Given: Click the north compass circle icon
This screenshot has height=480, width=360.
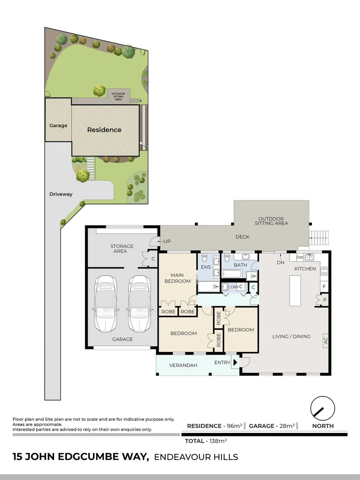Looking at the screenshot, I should click(x=323, y=408).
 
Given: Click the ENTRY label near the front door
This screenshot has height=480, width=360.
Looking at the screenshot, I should click(x=222, y=363).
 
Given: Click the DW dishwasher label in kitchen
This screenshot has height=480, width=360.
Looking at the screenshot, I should click(x=300, y=257).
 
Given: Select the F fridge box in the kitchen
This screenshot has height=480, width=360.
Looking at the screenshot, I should click(x=324, y=287).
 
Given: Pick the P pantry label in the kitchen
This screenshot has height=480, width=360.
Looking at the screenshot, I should click(x=324, y=300).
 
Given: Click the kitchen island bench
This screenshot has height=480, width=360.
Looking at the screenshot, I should click(x=295, y=290).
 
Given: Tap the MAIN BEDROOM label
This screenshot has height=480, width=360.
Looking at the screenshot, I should click(x=177, y=278).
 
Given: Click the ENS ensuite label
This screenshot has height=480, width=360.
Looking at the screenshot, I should click(x=206, y=267).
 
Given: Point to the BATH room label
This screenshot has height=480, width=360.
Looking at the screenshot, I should click(x=240, y=265).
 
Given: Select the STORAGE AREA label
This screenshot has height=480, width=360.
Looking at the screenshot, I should click(x=122, y=248).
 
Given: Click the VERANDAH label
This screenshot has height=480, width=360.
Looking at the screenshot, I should click(x=183, y=365).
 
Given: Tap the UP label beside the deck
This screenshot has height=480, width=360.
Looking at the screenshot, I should click(x=167, y=241).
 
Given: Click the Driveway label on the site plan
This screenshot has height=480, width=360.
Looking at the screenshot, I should click(x=61, y=194).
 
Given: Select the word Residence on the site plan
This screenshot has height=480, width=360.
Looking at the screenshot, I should click(x=104, y=130).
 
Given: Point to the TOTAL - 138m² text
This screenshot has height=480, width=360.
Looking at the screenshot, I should click(x=206, y=441).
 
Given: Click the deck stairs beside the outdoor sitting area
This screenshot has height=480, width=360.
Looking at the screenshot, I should click(x=320, y=238).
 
